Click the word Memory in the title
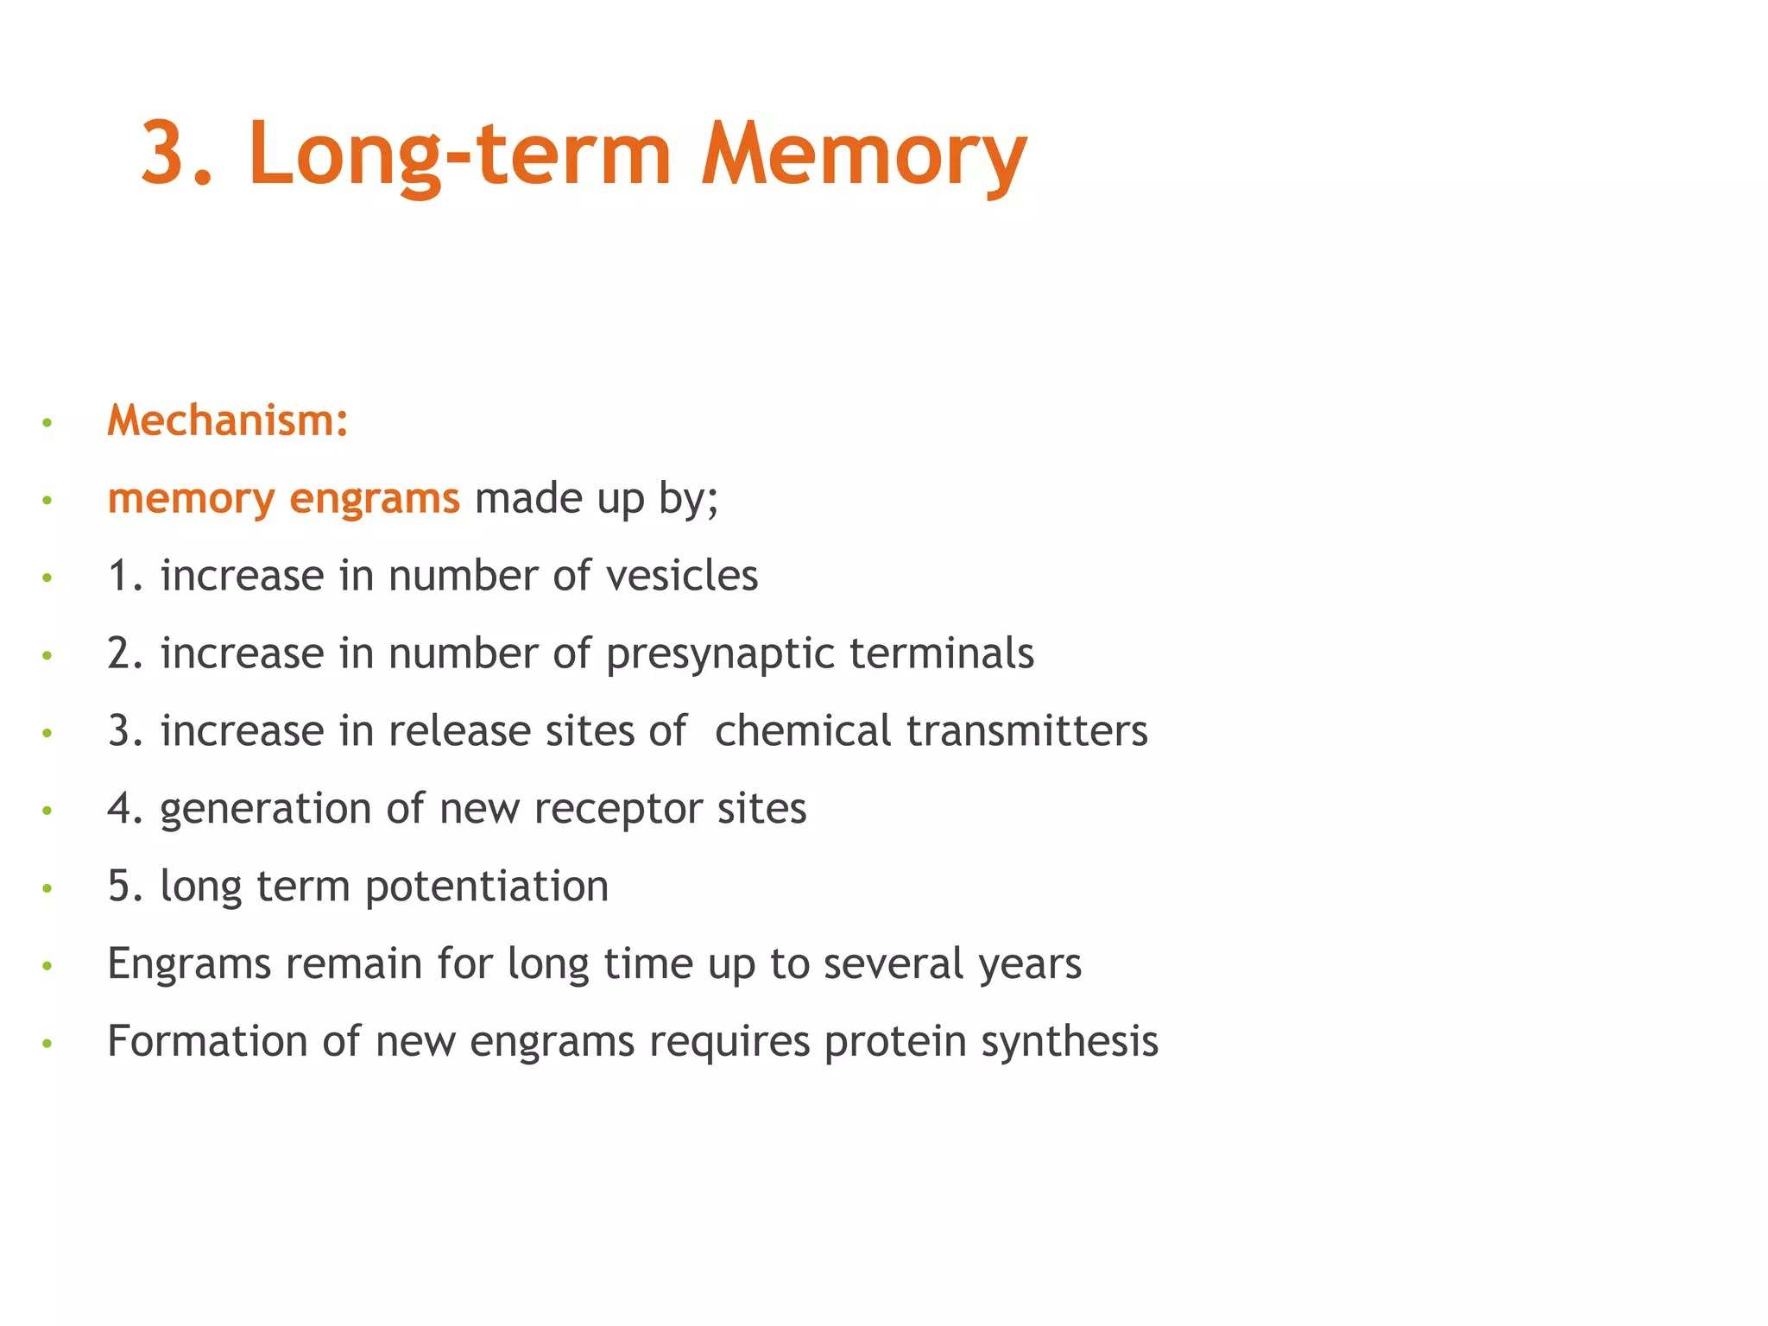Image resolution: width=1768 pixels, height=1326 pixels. pos(863,155)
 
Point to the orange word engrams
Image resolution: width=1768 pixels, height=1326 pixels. pos(375,498)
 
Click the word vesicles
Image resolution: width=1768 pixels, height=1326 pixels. pos(682,576)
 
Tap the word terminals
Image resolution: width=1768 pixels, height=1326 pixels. pos(942,654)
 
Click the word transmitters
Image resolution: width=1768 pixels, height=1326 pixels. pos(1026,731)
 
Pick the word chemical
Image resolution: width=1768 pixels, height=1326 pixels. pos(802,731)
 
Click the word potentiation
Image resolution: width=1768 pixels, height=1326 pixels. pos(487,887)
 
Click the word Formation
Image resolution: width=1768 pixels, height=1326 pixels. pos(207,1041)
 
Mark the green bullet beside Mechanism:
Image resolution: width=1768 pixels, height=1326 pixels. pos(47,423)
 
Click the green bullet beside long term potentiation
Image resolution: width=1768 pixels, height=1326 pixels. pos(47,888)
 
